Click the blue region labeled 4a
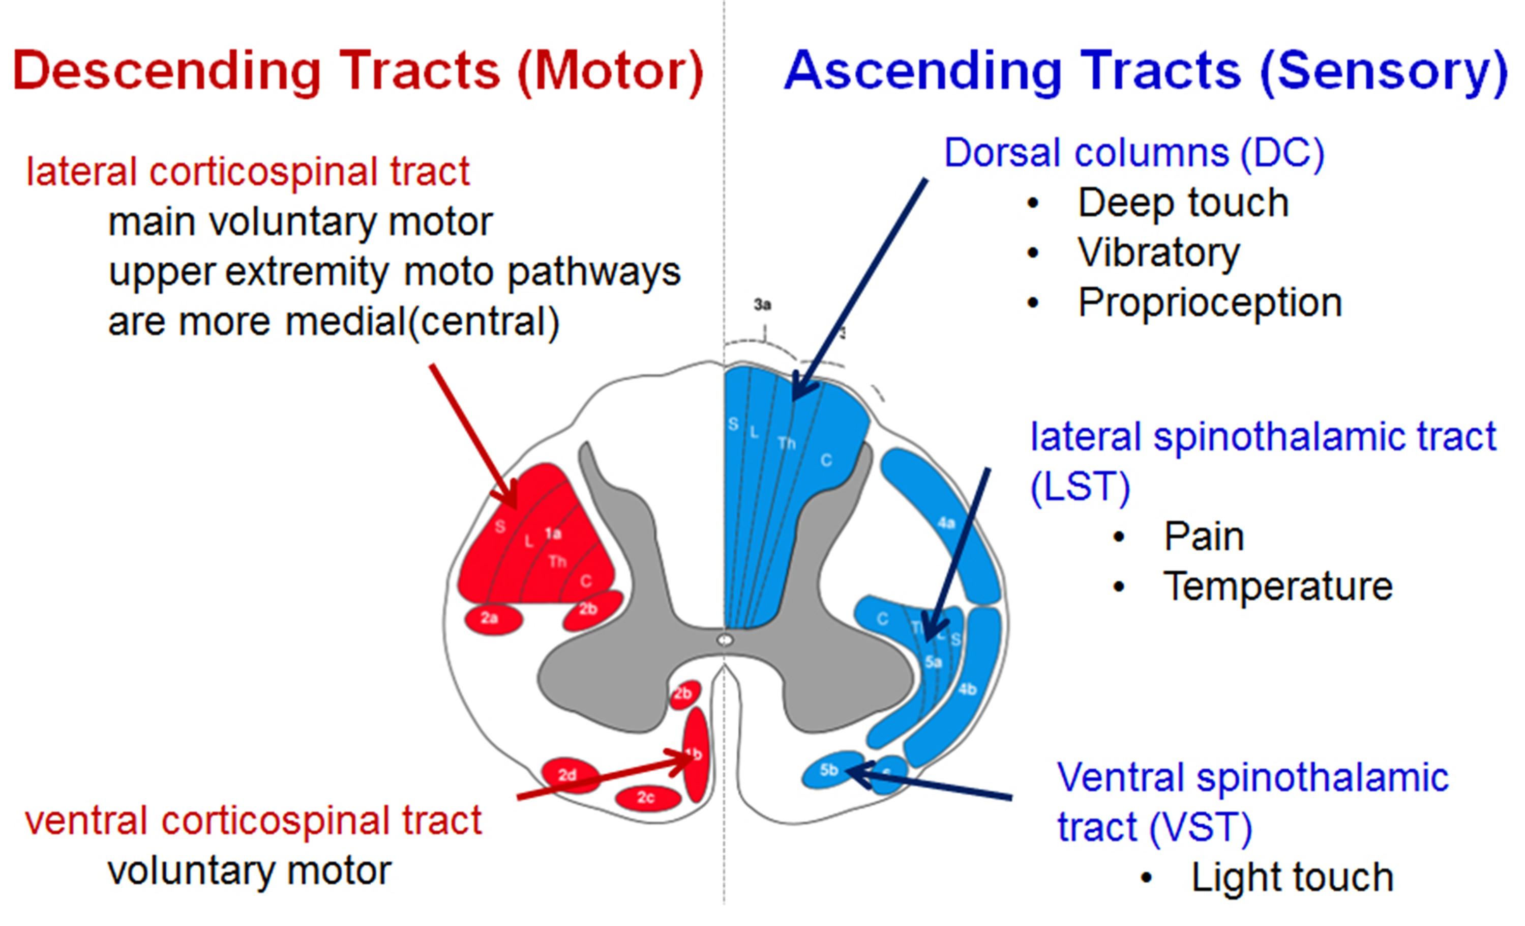(945, 523)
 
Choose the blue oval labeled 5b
(829, 770)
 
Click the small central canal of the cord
(725, 640)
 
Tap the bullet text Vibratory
(1158, 252)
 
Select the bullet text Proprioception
(1209, 303)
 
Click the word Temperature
(1277, 586)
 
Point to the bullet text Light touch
(1292, 877)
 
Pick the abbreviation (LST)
(1080, 487)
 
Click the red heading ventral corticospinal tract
(253, 821)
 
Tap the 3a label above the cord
(763, 305)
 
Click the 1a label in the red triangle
(553, 534)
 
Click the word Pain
(1203, 537)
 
